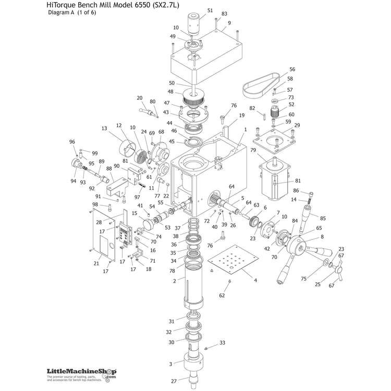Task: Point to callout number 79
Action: (253, 151)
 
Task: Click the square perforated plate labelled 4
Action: (232, 263)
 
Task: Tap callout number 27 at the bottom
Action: (174, 381)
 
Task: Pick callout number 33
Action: (222, 343)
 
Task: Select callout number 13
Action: (104, 128)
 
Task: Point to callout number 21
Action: (96, 263)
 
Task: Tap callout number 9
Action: (229, 23)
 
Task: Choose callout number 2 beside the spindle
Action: (175, 281)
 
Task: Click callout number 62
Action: (222, 296)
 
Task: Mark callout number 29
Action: (297, 125)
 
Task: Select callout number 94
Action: (73, 181)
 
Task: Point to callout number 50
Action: (172, 83)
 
